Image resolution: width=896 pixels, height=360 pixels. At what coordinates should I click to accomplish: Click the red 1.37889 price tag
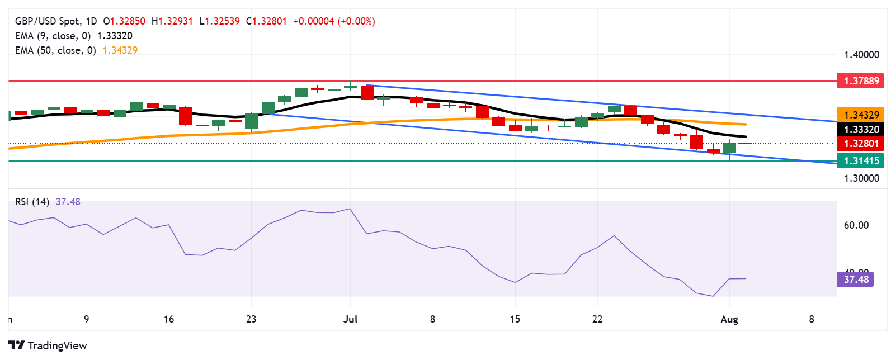click(x=861, y=81)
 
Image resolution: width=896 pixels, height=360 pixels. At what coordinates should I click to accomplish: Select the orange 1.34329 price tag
click(x=861, y=115)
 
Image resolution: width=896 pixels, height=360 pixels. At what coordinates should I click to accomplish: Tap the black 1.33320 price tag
click(x=861, y=130)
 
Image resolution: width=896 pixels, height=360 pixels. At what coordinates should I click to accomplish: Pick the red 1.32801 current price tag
click(x=861, y=144)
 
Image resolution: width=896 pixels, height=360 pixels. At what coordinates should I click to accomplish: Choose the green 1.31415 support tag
click(x=861, y=161)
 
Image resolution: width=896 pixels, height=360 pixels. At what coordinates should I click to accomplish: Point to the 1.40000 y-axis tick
click(x=861, y=55)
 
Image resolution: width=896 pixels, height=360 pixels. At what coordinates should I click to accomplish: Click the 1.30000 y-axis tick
click(x=861, y=178)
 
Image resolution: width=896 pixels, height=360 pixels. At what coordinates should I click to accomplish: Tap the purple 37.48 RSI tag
click(x=856, y=279)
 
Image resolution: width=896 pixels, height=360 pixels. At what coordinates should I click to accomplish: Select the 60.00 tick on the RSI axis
click(x=856, y=225)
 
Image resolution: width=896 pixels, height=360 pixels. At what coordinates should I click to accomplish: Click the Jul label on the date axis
click(x=350, y=319)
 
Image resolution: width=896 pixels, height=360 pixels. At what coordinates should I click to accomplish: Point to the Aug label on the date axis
click(x=729, y=319)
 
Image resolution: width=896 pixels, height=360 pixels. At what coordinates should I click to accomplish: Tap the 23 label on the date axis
click(x=251, y=319)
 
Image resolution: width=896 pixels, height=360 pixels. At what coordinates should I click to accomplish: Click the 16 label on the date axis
click(x=169, y=319)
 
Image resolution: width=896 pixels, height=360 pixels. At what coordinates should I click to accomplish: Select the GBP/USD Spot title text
click(x=47, y=21)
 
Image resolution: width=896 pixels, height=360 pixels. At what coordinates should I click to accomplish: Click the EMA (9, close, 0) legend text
click(x=53, y=36)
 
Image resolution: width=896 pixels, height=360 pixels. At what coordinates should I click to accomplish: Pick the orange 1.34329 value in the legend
click(x=120, y=50)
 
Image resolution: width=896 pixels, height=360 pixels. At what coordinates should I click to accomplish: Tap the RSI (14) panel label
click(x=32, y=202)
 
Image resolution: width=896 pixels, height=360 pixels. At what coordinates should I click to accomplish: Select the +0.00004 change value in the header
click(x=313, y=21)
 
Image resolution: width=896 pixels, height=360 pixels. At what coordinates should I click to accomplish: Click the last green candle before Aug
click(x=729, y=148)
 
